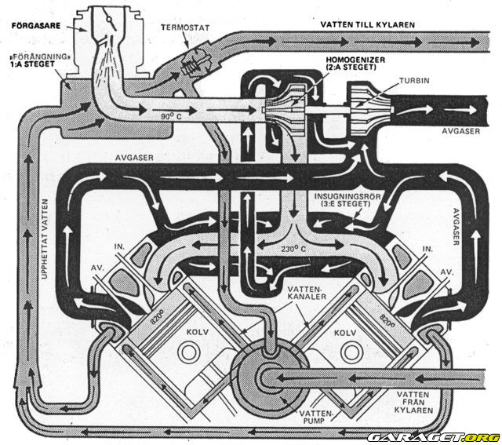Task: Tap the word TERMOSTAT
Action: [184, 27]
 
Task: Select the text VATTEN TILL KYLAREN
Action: [367, 24]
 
